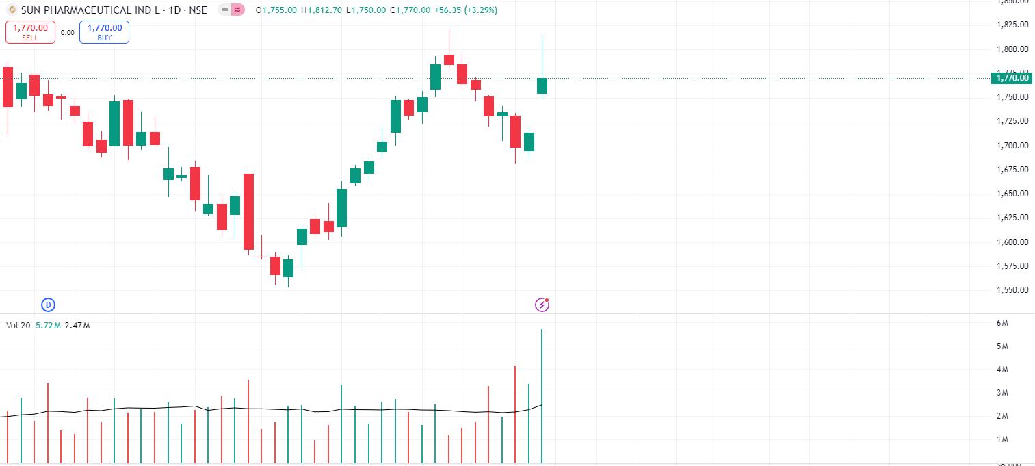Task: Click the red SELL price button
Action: click(31, 32)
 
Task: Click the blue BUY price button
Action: click(104, 32)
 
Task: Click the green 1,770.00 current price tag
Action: click(1012, 78)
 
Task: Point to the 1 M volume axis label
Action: click(1002, 439)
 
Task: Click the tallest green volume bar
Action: click(542, 397)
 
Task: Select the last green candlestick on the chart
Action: click(542, 86)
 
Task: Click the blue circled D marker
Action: click(48, 305)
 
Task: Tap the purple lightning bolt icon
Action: click(542, 305)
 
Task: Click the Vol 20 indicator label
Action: click(18, 326)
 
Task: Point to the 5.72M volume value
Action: click(48, 326)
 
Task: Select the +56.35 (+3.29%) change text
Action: click(466, 10)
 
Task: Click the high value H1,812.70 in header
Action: click(322, 10)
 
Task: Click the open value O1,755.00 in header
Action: click(276, 10)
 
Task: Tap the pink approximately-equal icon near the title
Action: click(237, 10)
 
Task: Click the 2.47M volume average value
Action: click(77, 326)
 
